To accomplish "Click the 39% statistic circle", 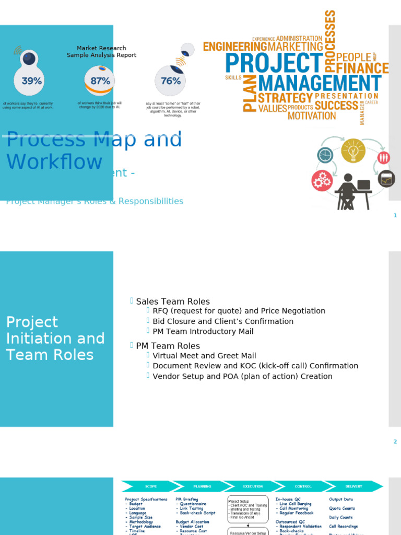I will [x=32, y=80].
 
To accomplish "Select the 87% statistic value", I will [x=100, y=81].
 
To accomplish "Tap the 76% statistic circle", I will [x=171, y=81].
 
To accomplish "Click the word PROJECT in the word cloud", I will [x=274, y=63].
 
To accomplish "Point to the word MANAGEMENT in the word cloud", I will [x=320, y=83].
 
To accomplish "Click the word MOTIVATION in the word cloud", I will [x=311, y=115].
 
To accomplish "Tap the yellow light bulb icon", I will [x=353, y=150].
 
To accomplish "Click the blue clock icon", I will [x=325, y=155].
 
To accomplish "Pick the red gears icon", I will [x=322, y=181].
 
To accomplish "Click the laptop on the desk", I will [x=363, y=184].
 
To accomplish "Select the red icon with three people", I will [x=384, y=157].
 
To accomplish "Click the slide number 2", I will [x=395, y=441].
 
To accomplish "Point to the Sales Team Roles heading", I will [x=172, y=301].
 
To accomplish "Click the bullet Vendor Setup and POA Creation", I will [x=242, y=376].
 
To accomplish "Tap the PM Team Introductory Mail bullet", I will [x=203, y=331].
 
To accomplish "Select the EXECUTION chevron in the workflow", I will [x=253, y=486].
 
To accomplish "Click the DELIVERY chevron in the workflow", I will [x=353, y=486].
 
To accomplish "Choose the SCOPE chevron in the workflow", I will [x=150, y=486].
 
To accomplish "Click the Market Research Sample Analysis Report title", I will [x=101, y=52].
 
